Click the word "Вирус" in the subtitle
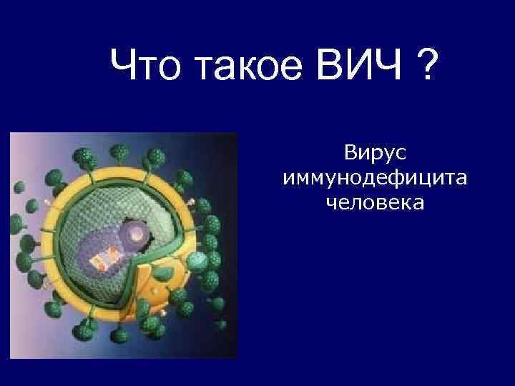click(376, 154)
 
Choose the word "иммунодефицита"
click(376, 178)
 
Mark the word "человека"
click(376, 202)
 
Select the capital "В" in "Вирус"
click(350, 154)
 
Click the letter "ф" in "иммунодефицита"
click(401, 178)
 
